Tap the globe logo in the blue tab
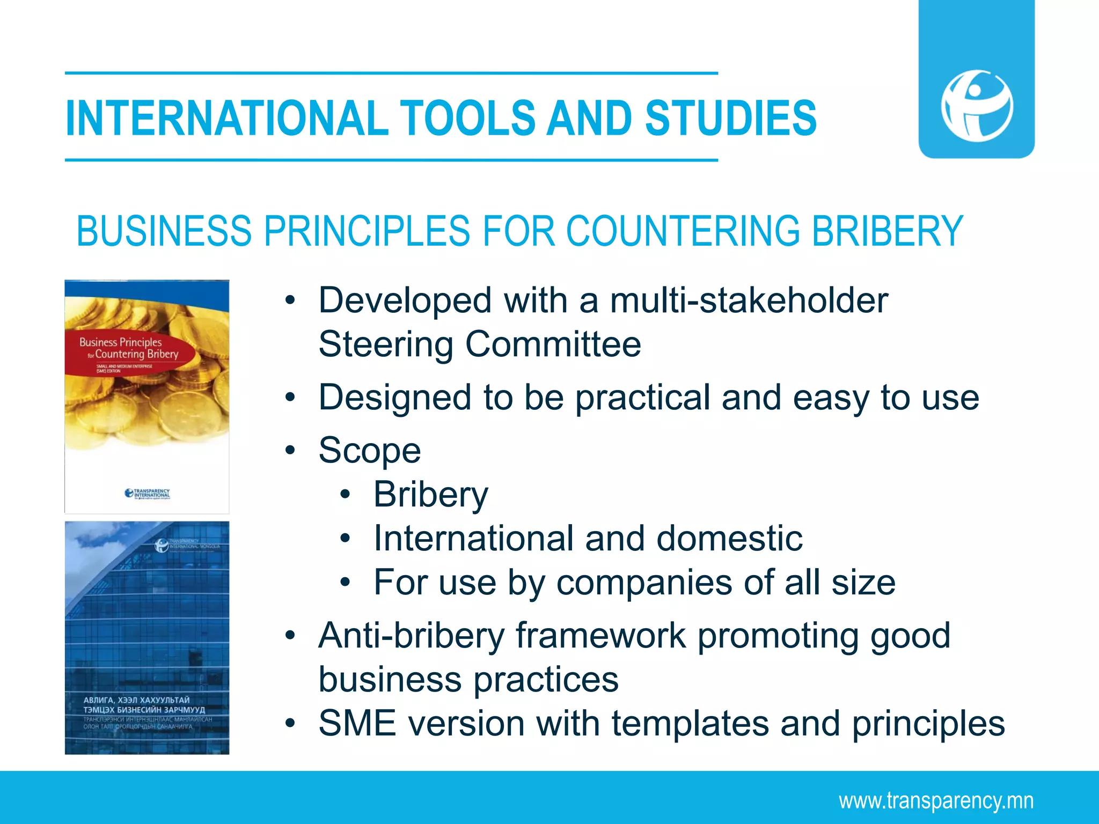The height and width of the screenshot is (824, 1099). coord(977,105)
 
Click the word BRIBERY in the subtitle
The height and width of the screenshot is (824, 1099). coord(887,231)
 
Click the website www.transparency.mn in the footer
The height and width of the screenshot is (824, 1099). coord(936,800)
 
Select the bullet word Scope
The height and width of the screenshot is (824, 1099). coord(370,451)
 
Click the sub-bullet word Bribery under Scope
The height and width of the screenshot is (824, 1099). coord(431,495)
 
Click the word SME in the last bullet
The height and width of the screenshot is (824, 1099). coord(357,724)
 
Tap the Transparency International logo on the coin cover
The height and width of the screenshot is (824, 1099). coord(147,494)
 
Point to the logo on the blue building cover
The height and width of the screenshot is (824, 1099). coord(162,546)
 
